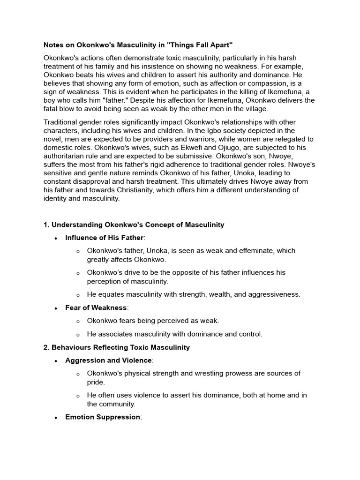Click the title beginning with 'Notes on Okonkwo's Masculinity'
coord(138,45)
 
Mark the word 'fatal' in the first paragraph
coord(52,109)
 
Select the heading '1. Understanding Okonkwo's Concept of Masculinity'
coord(134,225)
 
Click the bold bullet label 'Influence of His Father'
coord(105,238)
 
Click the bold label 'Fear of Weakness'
coord(96,307)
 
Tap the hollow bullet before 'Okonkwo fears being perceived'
coord(78,321)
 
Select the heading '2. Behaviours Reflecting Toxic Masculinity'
coord(117,347)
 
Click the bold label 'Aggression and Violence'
coord(108,360)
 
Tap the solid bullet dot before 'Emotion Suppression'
coord(56,417)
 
